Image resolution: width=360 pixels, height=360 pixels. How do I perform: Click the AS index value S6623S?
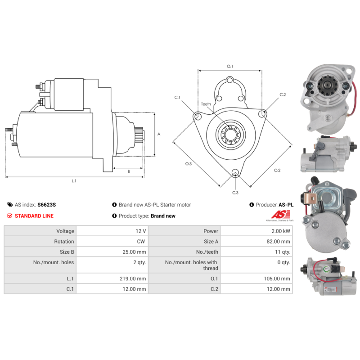point(47,205)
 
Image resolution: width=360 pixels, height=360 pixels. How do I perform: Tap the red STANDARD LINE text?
point(34,216)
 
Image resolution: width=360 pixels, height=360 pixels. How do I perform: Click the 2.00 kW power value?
point(281,231)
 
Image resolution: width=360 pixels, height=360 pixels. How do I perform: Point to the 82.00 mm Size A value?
point(278,242)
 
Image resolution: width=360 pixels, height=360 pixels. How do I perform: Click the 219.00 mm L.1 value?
point(133,279)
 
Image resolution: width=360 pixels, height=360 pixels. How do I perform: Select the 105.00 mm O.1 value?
point(277,279)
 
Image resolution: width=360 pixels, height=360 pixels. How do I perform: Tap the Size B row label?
point(67,252)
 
